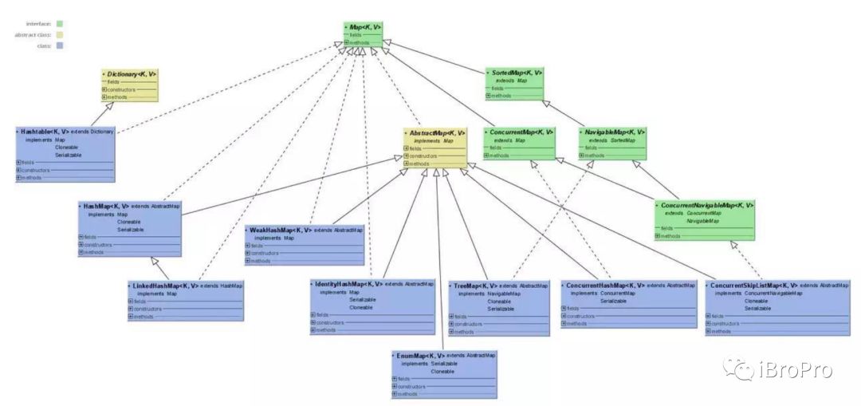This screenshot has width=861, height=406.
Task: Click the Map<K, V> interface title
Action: (365, 27)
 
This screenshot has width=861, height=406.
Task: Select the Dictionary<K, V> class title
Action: (132, 73)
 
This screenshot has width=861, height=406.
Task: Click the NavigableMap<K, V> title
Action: (615, 132)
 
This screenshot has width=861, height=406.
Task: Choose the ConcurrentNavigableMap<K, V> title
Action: (708, 205)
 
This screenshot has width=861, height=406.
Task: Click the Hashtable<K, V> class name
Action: (47, 131)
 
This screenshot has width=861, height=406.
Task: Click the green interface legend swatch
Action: (60, 24)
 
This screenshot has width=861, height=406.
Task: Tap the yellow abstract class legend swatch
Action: (60, 35)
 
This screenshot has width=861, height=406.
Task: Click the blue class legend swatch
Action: (60, 46)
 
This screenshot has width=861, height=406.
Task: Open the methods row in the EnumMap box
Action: (395, 394)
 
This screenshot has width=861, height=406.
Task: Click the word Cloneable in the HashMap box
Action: (129, 222)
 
